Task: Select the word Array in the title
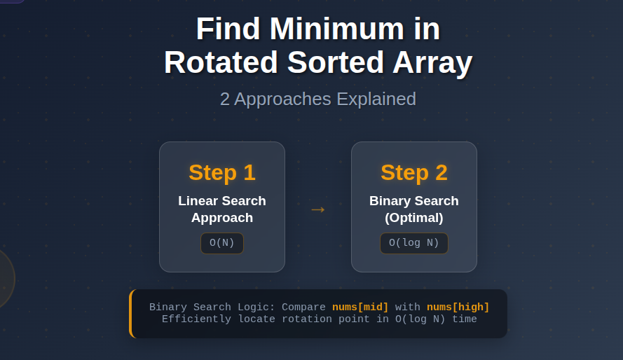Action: pyautogui.click(x=432, y=63)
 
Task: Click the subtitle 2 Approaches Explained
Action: pyautogui.click(x=318, y=99)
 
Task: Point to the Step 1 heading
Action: pyautogui.click(x=222, y=172)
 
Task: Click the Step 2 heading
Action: pyautogui.click(x=414, y=172)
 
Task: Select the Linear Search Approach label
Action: pyautogui.click(x=222, y=209)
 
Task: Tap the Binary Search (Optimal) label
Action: pyautogui.click(x=414, y=209)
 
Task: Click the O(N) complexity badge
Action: pyautogui.click(x=222, y=243)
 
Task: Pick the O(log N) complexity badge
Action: pyautogui.click(x=414, y=243)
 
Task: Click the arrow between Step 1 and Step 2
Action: pyautogui.click(x=317, y=209)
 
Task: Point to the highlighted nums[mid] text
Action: pyautogui.click(x=360, y=307)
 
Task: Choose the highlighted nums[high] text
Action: pyautogui.click(x=458, y=307)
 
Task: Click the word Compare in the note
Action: pyautogui.click(x=303, y=307)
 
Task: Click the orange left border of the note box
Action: pyautogui.click(x=131, y=314)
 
